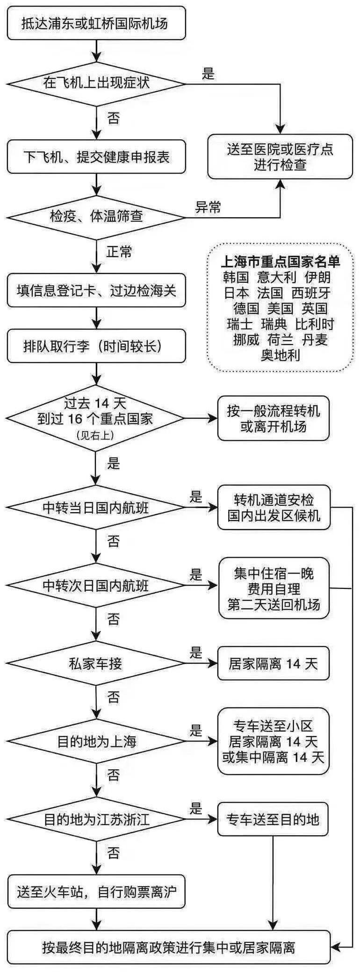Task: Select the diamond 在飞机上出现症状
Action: coord(96,84)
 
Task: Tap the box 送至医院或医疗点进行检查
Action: coord(280,157)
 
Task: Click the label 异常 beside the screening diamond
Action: coord(208,207)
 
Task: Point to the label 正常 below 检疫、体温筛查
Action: coord(119,252)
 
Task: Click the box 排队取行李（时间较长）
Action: coord(96,346)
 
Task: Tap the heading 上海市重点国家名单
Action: coord(280,261)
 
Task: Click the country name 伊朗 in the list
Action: coord(317,277)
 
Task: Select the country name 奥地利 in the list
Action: coord(280,355)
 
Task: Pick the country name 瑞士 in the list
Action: coord(239,324)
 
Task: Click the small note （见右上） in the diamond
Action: coord(95,435)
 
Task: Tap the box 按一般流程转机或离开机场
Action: coord(273,418)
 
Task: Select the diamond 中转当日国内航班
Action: coord(96,508)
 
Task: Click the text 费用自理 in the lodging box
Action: coord(274,589)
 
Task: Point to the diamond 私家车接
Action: coord(96,664)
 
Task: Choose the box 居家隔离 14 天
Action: coord(273,664)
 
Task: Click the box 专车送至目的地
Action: coord(273,819)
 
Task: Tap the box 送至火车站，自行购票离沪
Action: coord(96,892)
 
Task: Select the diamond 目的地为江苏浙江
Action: coord(96,819)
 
